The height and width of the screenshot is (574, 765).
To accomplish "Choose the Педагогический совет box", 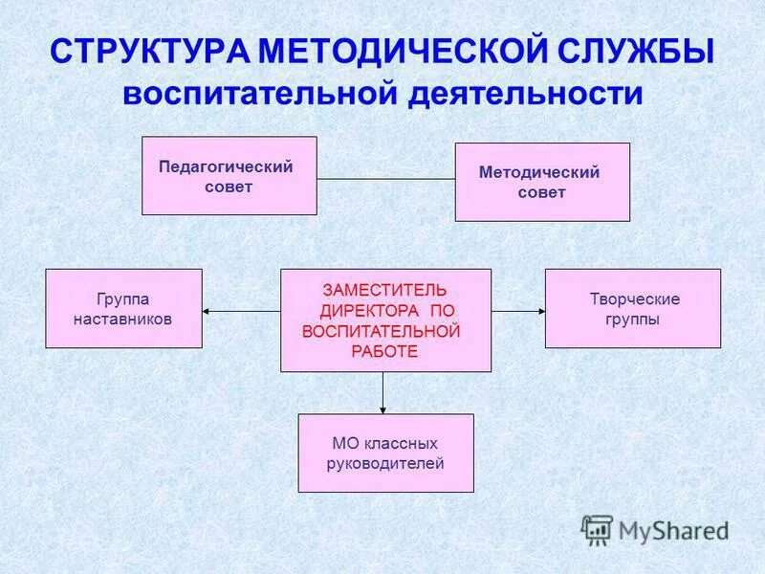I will click(229, 176).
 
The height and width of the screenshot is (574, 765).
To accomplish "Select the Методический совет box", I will click(541, 182).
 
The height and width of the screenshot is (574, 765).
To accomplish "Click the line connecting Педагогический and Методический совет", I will click(385, 179).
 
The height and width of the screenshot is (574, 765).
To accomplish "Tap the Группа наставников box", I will click(123, 308).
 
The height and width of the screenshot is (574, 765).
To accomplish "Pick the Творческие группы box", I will click(632, 308).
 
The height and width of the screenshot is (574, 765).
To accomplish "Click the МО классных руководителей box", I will click(385, 453).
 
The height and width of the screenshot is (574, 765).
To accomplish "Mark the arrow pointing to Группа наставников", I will click(239, 311).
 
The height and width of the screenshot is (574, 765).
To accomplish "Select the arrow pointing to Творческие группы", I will click(518, 311).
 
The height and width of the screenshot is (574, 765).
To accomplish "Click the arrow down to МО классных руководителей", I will click(383, 392).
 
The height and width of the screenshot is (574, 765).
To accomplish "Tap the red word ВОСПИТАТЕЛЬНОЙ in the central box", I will click(381, 331).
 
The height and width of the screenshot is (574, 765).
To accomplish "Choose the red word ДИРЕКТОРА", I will click(369, 310).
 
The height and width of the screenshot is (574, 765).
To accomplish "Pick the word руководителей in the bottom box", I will click(386, 463).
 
